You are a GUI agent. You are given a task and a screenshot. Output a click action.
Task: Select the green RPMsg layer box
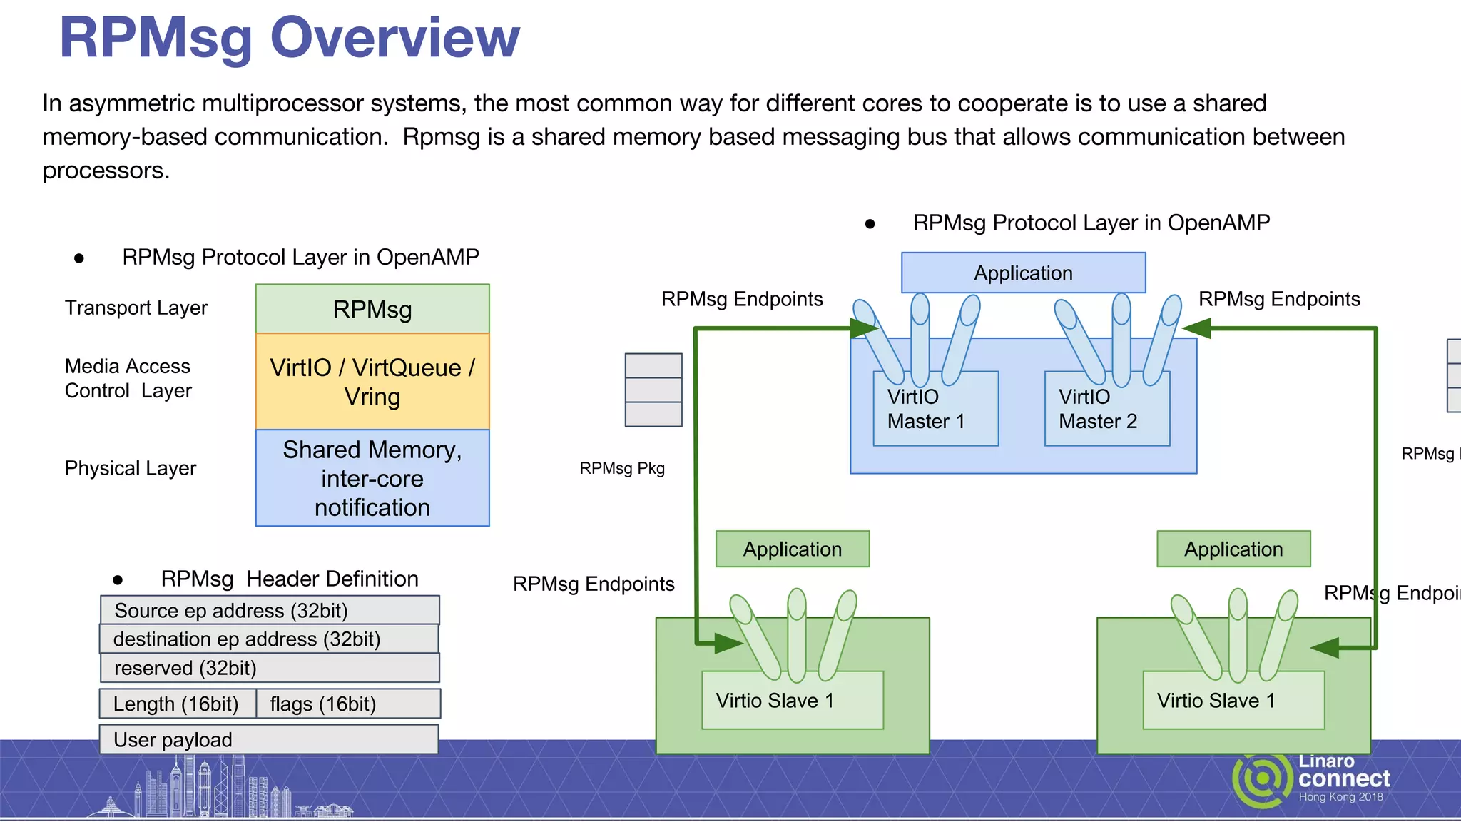[x=372, y=309]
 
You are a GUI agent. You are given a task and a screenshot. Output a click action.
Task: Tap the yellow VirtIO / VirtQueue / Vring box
[x=372, y=382]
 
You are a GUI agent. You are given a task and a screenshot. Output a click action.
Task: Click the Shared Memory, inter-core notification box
[x=372, y=478]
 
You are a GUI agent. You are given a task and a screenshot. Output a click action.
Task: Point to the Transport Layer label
[x=136, y=308]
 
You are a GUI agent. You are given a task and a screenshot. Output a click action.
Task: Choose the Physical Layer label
[x=130, y=468]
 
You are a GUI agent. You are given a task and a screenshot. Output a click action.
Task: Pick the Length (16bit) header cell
[x=177, y=704]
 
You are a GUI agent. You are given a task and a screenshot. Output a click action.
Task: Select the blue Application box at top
[x=1023, y=273]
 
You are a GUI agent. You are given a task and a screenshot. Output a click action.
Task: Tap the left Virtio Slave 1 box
[x=792, y=701]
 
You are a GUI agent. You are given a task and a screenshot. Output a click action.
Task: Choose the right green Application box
[x=1233, y=549]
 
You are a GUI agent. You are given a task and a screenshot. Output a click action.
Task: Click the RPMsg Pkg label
[x=621, y=468]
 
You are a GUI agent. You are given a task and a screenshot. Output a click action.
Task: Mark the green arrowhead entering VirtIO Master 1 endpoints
[x=864, y=328]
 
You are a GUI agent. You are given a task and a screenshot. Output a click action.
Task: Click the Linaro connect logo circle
[x=1262, y=778]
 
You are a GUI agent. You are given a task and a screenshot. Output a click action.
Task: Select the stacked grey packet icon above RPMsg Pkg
[x=653, y=390]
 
